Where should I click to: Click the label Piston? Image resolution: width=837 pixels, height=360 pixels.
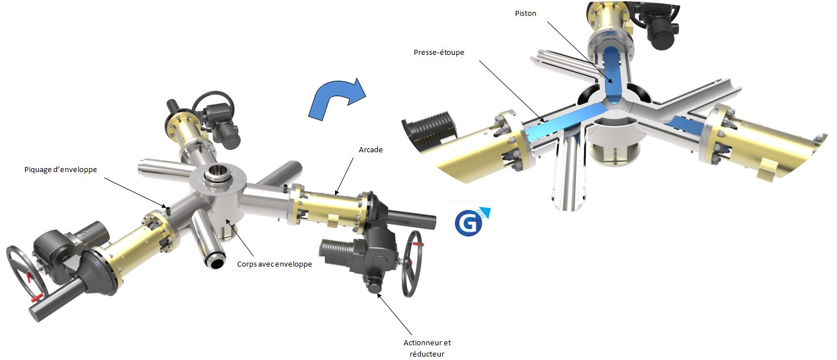coord(525,14)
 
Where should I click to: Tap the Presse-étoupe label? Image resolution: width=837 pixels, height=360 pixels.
coord(439,53)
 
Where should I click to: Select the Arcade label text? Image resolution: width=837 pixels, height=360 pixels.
coord(371,150)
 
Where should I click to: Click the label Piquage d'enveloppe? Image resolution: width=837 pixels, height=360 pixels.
coord(61,170)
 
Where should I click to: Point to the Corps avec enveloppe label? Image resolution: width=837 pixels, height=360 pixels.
coord(274,264)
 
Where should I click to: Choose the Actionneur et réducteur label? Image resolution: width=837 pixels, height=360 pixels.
coord(427,348)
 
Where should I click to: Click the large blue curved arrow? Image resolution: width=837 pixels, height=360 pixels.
coord(336,99)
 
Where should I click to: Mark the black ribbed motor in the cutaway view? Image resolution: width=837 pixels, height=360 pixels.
coord(430,131)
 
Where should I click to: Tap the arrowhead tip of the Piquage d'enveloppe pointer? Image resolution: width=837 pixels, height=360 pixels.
coord(166,208)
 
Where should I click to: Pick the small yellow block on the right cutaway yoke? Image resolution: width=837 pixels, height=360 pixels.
coord(769,170)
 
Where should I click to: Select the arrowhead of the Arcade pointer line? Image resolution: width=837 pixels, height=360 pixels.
coord(335,195)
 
